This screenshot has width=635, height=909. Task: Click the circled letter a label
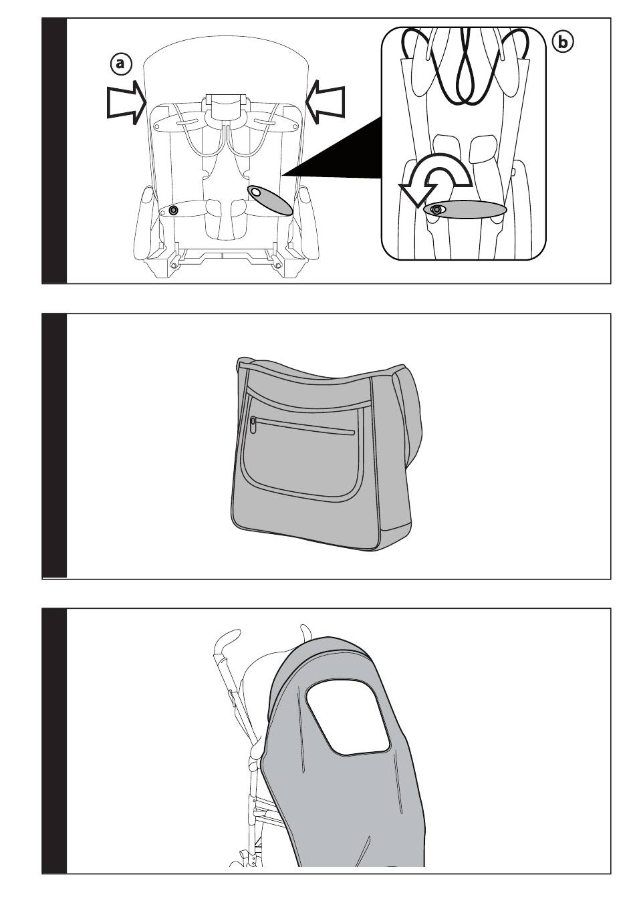click(x=120, y=64)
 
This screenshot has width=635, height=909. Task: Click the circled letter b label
click(x=563, y=42)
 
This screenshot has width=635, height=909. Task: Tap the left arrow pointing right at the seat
click(x=126, y=102)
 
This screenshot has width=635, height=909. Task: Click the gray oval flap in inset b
click(x=465, y=210)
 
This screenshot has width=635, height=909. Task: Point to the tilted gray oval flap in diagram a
click(x=270, y=200)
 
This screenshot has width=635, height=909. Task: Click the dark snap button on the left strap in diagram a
click(x=174, y=210)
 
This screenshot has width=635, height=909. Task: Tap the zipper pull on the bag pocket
click(x=253, y=425)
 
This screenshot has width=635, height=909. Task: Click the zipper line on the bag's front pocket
click(x=305, y=426)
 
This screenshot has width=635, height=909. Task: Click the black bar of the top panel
click(x=54, y=150)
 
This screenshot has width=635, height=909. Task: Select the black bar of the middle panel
click(x=54, y=446)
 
